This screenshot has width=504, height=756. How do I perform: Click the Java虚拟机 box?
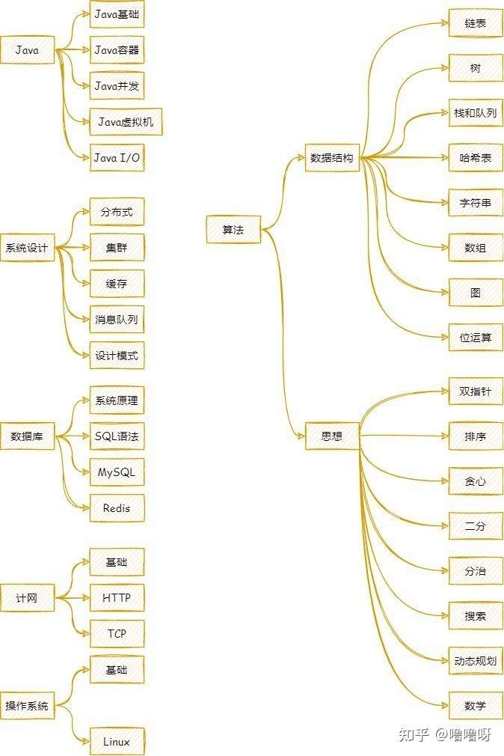pos(126,121)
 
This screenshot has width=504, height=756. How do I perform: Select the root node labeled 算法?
pos(233,230)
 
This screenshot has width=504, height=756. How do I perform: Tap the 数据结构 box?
pos(332,158)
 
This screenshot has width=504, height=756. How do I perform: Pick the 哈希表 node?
pos(476,158)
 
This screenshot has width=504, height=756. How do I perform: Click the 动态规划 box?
pos(476,661)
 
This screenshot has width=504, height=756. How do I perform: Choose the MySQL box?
pos(117,472)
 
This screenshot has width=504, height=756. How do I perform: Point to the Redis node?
pos(117,508)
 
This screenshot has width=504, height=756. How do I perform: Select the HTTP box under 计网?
pos(117,598)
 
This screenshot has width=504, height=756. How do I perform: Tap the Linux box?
pos(117,742)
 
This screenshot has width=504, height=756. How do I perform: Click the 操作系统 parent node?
pos(27,706)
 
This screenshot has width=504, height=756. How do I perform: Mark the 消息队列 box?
pos(117,320)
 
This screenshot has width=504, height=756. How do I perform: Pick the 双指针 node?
pos(476,391)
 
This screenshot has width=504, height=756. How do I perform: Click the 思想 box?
pos(332,436)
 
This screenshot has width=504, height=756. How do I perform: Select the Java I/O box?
pos(117,158)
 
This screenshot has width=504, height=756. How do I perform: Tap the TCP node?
pos(117,634)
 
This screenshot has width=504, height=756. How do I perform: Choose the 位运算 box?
pos(476,338)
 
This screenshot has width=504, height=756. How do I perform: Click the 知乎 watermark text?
pos(414,735)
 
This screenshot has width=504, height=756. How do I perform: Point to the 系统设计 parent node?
pos(27,248)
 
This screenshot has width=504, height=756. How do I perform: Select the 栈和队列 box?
pos(476,113)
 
